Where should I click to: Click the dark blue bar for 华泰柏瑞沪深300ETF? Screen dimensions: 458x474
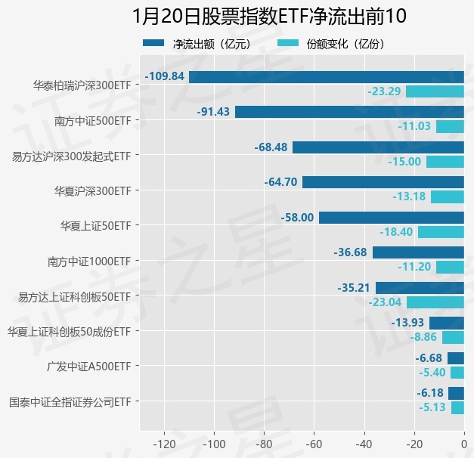pyautogui.click(x=326, y=76)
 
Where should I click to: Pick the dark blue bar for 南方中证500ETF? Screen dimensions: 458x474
pyautogui.click(x=349, y=112)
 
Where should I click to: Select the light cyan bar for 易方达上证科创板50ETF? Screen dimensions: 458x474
pyautogui.click(x=435, y=302)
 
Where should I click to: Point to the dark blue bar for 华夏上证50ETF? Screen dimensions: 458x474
pyautogui.click(x=391, y=218)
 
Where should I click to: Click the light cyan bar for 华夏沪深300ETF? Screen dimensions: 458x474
pyautogui.click(x=447, y=197)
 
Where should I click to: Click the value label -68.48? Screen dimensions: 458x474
pyautogui.click(x=271, y=147)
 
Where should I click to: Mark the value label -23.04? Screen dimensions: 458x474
pyautogui.click(x=384, y=302)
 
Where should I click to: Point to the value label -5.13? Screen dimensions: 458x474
pyautogui.click(x=432, y=407)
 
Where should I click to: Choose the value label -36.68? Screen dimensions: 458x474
pyautogui.click(x=351, y=252)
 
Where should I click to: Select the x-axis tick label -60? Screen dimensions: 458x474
pyautogui.click(x=314, y=444)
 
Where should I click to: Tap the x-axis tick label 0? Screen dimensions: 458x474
pyautogui.click(x=463, y=444)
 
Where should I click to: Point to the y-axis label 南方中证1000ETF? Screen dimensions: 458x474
pyautogui.click(x=88, y=261)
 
